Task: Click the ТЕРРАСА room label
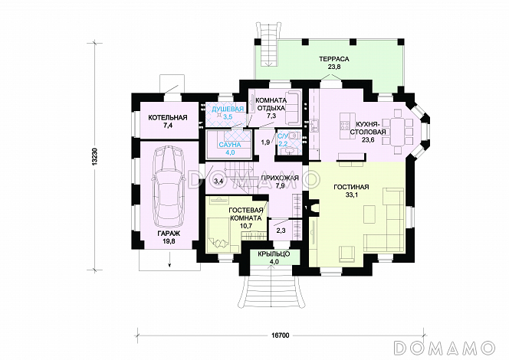click(x=333, y=59)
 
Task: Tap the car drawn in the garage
click(x=168, y=186)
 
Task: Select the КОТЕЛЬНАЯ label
click(x=168, y=117)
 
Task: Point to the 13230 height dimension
click(x=94, y=156)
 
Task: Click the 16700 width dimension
click(x=280, y=335)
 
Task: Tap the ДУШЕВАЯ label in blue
click(x=228, y=110)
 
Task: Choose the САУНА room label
click(x=229, y=145)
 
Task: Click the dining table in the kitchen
click(x=397, y=132)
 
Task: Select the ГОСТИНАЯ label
click(x=351, y=187)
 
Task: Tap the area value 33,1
click(x=351, y=195)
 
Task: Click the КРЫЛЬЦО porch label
click(x=274, y=254)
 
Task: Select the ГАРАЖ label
click(x=169, y=233)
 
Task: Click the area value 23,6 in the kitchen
click(x=368, y=139)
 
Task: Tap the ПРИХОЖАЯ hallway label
click(x=280, y=178)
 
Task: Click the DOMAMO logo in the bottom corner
click(x=444, y=347)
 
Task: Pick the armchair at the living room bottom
click(x=348, y=254)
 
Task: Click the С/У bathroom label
click(x=282, y=136)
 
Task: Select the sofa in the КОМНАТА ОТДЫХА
click(x=294, y=108)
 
